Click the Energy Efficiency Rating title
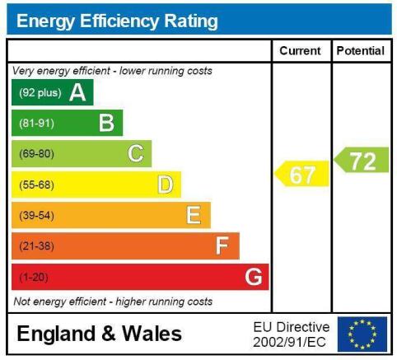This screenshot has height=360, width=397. pyautogui.click(x=117, y=21)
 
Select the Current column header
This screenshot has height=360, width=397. pyautogui.click(x=300, y=51)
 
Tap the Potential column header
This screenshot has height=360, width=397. pyautogui.click(x=361, y=51)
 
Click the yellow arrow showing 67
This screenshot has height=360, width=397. pyautogui.click(x=301, y=174)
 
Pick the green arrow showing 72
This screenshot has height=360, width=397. pyautogui.click(x=362, y=160)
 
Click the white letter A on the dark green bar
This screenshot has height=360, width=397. pyautogui.click(x=77, y=92)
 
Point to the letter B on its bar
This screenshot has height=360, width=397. pyautogui.click(x=106, y=123)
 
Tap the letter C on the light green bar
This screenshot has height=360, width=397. pyautogui.click(x=136, y=153)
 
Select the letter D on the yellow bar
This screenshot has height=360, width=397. pyautogui.click(x=166, y=185)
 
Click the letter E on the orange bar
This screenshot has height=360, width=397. pyautogui.click(x=194, y=215)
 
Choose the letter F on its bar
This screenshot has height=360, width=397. pyautogui.click(x=222, y=245)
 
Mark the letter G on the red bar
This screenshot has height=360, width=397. pyautogui.click(x=254, y=277)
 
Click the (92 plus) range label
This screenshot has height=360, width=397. pyautogui.click(x=40, y=93)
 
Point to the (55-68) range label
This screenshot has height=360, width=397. pyautogui.click(x=36, y=185)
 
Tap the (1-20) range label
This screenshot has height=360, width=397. pyautogui.click(x=34, y=277)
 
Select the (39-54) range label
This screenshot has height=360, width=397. pyautogui.click(x=36, y=216)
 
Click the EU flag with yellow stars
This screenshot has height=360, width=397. pyautogui.click(x=362, y=334)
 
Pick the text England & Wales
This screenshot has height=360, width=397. pyautogui.click(x=99, y=334)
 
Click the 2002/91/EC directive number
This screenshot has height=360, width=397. pyautogui.click(x=289, y=343)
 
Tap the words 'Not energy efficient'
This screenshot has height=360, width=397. pyautogui.click(x=60, y=302)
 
